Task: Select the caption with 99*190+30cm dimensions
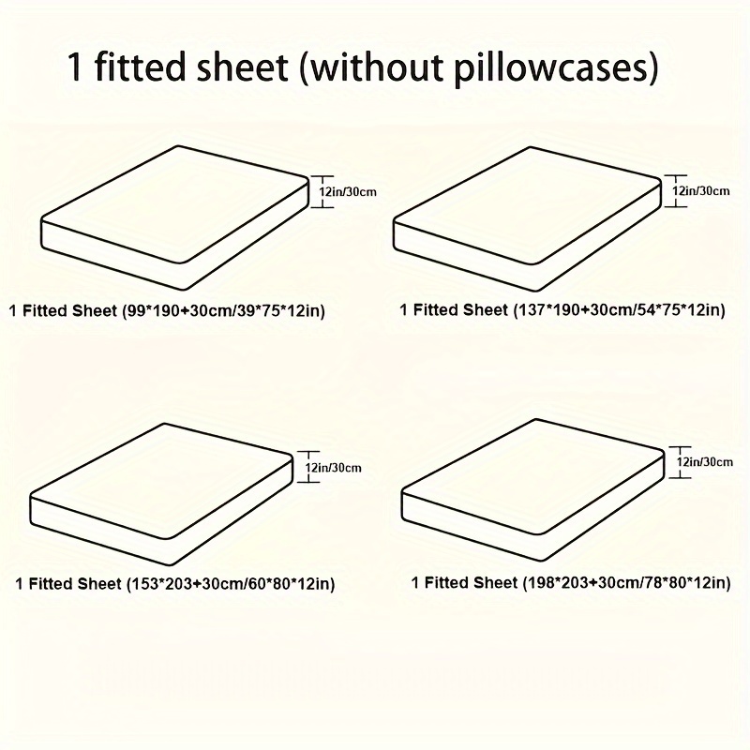[x=167, y=311]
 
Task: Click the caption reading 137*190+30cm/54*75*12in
[x=562, y=310]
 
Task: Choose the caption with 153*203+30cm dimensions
[x=175, y=583]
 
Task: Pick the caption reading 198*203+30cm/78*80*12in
[x=571, y=582]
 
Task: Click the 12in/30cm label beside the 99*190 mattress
[x=348, y=192]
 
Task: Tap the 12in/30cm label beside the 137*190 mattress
[x=701, y=191]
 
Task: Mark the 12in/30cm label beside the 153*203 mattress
[x=334, y=467]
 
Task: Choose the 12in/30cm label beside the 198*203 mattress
[x=705, y=461]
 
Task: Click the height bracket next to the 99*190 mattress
[x=322, y=192]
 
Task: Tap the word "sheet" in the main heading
[x=243, y=67]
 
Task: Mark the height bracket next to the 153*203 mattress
[x=308, y=466]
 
